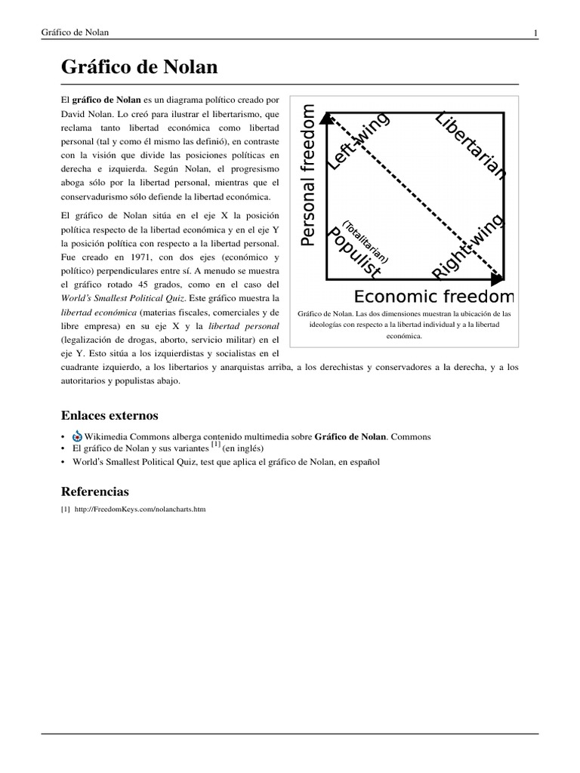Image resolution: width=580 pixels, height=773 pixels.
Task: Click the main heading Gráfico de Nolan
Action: tap(139, 67)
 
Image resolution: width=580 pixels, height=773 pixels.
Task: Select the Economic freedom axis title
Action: tap(433, 296)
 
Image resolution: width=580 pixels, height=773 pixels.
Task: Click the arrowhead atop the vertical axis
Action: tap(326, 117)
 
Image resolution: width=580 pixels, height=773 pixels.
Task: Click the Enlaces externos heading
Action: tap(109, 415)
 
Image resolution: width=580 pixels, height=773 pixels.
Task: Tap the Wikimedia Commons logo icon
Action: tap(76, 437)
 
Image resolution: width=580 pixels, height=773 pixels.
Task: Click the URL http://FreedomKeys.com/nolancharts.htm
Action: tap(140, 510)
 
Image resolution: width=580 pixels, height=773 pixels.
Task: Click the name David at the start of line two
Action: tap(76, 113)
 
